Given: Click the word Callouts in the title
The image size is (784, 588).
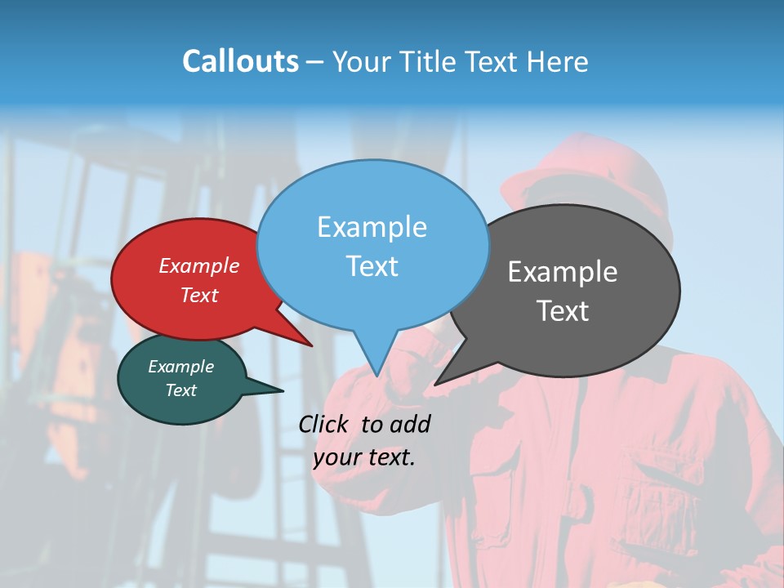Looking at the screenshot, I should pyautogui.click(x=240, y=61).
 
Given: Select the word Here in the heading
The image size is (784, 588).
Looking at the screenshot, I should pyautogui.click(x=558, y=61).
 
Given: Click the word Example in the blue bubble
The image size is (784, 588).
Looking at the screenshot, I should pyautogui.click(x=372, y=227).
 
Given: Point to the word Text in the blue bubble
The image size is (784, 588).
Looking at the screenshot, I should pyautogui.click(x=372, y=266).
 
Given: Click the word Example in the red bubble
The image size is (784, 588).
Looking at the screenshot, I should pyautogui.click(x=198, y=265).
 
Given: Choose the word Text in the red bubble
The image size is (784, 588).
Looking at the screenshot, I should pyautogui.click(x=198, y=295).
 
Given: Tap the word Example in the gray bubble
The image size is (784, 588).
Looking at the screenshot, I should pyautogui.click(x=563, y=272).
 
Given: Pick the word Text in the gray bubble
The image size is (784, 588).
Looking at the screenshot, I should pyautogui.click(x=563, y=311).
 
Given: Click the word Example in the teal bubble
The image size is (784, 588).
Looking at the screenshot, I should pyautogui.click(x=180, y=367).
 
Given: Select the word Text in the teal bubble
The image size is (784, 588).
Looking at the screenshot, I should pyautogui.click(x=180, y=390).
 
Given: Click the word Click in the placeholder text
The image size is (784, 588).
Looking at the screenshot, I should pyautogui.click(x=327, y=424).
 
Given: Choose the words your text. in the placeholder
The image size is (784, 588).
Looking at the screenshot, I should pyautogui.click(x=364, y=457).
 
